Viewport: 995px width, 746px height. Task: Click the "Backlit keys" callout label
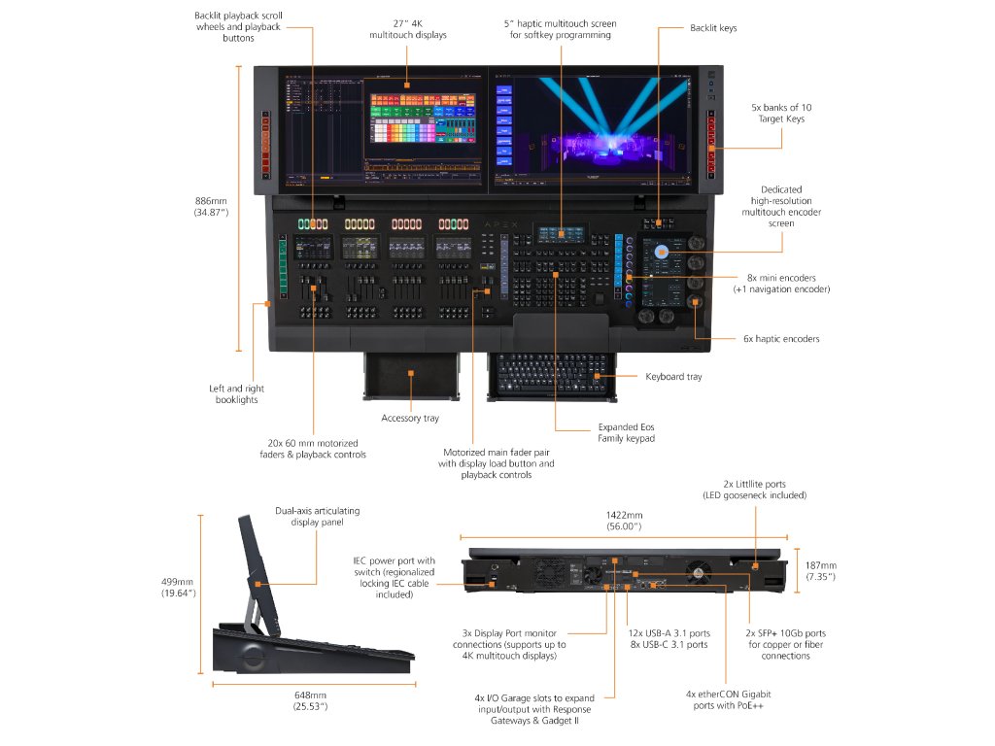[713, 28]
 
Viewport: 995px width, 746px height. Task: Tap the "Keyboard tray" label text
[673, 376]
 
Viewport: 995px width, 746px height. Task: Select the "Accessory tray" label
[409, 419]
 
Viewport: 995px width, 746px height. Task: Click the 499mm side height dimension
[179, 588]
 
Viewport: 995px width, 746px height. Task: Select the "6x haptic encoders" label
[781, 339]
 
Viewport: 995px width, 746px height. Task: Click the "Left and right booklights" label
[237, 394]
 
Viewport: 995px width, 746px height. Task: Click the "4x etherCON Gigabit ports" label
[728, 700]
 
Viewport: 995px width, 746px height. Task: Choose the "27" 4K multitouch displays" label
[408, 29]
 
